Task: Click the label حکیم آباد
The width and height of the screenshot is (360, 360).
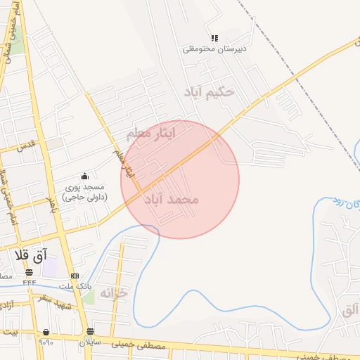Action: (x=208, y=92)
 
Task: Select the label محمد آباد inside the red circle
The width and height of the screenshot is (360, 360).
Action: (x=171, y=200)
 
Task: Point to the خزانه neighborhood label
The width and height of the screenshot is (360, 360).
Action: (x=112, y=292)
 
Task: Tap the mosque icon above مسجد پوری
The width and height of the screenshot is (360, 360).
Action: (x=84, y=176)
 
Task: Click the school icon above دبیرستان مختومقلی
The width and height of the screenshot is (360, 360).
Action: (x=214, y=38)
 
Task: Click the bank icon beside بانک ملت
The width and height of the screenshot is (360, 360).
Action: (x=75, y=276)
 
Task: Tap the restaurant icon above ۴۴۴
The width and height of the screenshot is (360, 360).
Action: (x=29, y=272)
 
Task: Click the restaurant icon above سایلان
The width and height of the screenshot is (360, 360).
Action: (x=90, y=331)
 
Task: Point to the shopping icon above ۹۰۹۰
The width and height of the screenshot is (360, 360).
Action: (x=46, y=332)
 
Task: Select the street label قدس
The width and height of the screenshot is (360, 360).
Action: (x=25, y=146)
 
